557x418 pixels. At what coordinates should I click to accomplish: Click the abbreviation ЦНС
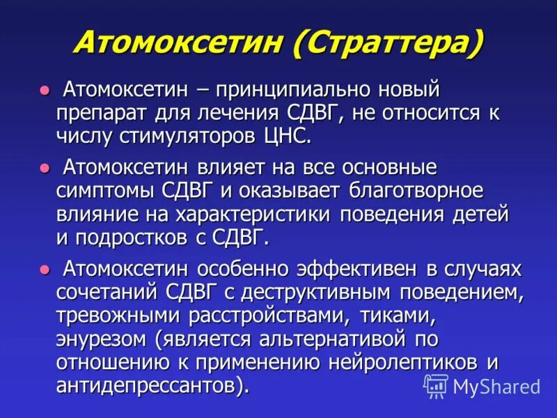290,135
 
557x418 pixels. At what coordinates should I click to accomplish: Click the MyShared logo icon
436,385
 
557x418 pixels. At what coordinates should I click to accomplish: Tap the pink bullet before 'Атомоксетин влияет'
45,168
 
